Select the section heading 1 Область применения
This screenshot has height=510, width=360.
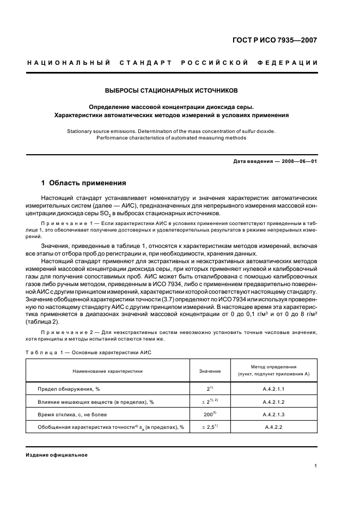tap(84, 183)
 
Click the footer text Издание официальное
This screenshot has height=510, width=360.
tap(57, 454)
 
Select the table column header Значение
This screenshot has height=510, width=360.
tap(210, 371)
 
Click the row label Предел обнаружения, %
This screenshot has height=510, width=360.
tap(68, 389)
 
